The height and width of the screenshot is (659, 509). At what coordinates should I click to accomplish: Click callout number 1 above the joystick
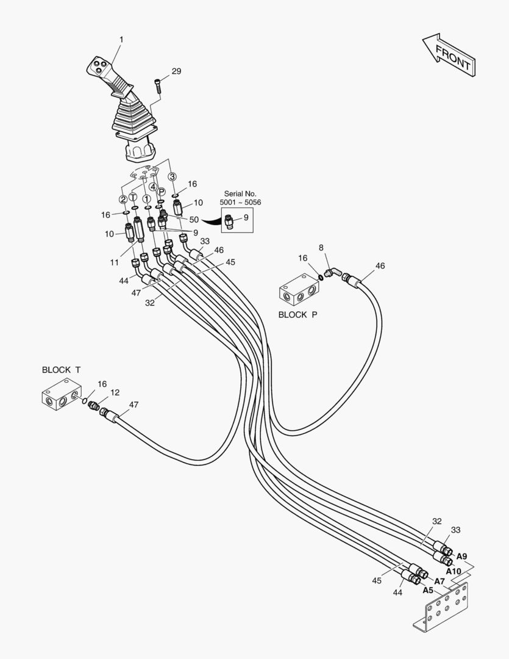click(121, 40)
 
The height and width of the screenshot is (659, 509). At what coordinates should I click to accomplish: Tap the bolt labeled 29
click(158, 86)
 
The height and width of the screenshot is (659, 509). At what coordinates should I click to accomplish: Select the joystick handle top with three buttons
click(99, 65)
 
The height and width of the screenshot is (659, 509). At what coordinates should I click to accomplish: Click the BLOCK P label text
click(297, 314)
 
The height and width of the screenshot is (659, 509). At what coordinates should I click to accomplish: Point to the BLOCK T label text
click(61, 370)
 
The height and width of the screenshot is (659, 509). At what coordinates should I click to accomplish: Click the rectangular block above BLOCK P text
click(299, 290)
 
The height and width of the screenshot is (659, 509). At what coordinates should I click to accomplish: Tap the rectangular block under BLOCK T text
click(62, 394)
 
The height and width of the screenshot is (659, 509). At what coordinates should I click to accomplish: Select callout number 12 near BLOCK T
click(115, 392)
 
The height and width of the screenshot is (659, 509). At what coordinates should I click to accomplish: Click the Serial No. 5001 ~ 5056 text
click(240, 198)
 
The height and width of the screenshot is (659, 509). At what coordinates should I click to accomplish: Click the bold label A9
click(461, 556)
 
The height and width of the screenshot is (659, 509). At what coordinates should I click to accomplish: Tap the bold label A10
click(454, 571)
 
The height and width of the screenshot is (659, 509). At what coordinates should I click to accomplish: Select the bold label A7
click(440, 582)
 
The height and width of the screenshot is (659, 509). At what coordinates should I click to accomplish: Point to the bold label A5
click(427, 591)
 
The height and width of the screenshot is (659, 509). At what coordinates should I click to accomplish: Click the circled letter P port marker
click(162, 191)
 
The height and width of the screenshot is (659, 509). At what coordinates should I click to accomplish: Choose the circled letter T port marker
click(133, 197)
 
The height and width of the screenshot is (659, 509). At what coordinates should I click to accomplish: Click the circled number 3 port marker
click(172, 176)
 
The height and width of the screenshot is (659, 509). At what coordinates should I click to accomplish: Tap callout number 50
click(194, 220)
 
